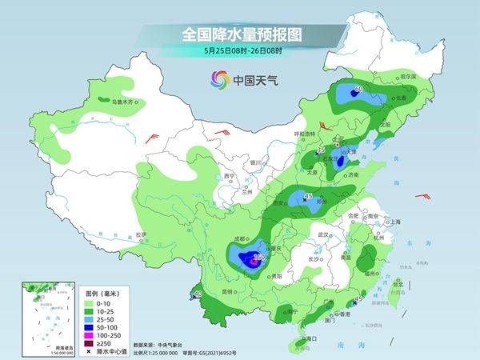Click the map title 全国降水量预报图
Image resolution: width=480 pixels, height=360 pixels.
pos(239,34)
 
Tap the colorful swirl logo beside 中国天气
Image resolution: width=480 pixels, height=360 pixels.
pos(219,79)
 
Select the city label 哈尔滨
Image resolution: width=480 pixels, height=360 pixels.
pos(408,75)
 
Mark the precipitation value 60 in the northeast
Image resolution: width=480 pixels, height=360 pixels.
pos(358,89)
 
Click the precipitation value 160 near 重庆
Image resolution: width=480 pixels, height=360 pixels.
pos(258,258)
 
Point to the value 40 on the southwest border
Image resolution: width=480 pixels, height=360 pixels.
pos(198,294)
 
